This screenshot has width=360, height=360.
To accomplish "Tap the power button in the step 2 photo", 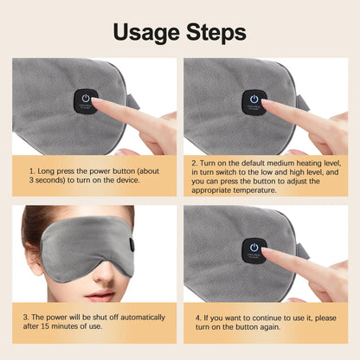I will click(254, 100).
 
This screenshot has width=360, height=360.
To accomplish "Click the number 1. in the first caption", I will click(31, 170).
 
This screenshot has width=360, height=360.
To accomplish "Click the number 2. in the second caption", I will click(196, 162).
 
